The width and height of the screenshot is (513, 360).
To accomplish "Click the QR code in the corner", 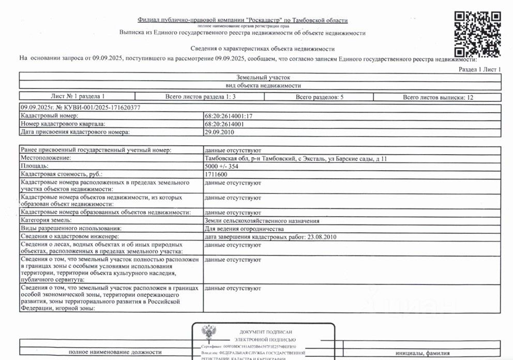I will pyautogui.click(x=478, y=34).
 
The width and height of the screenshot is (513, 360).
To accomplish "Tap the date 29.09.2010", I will pyautogui.click(x=219, y=132).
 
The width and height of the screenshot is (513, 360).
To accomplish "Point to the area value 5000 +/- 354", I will pyautogui.click(x=223, y=167).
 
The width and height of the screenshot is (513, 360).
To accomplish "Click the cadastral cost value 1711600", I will pyautogui.click(x=216, y=175).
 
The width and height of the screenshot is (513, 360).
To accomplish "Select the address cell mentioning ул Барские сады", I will pyautogui.click(x=295, y=158).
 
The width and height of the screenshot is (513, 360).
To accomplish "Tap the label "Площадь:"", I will pyautogui.click(x=34, y=167).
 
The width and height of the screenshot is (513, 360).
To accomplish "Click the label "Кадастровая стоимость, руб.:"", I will pyautogui.click(x=61, y=175).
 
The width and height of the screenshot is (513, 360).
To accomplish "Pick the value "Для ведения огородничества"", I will pyautogui.click(x=244, y=229).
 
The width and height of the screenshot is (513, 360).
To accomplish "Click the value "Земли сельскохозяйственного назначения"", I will pyautogui.click(x=262, y=220).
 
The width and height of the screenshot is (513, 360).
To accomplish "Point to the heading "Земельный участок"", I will pyautogui.click(x=260, y=77).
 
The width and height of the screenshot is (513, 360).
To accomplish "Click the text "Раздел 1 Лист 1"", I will pyautogui.click(x=480, y=69).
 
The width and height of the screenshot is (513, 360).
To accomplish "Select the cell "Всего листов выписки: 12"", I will pyautogui.click(x=437, y=97).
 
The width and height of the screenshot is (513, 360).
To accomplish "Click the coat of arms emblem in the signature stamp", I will pyautogui.click(x=209, y=332).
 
